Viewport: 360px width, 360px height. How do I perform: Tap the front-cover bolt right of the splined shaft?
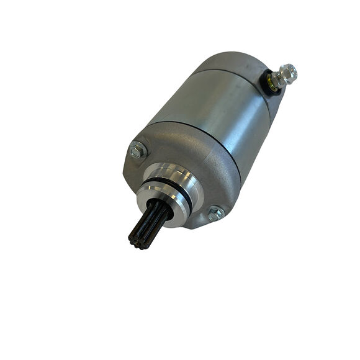(215, 213)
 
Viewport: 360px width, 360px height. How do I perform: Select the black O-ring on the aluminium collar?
(179, 189)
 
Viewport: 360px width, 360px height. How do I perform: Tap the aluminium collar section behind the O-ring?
(186, 180)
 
